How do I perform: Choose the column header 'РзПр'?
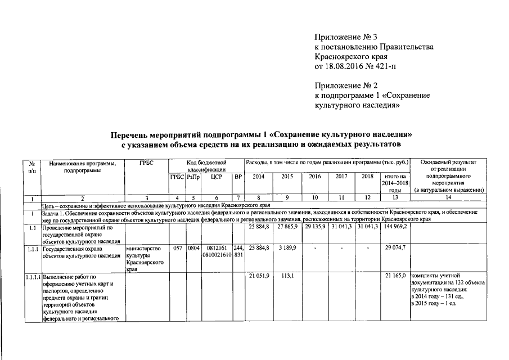tap(193, 177)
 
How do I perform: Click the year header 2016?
tap(314, 177)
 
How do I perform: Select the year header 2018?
tap(367, 177)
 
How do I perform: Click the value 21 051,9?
tap(259, 275)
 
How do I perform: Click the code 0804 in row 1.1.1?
tap(193, 247)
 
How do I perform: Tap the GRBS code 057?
tap(177, 247)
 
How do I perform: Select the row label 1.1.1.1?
tap(33, 276)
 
